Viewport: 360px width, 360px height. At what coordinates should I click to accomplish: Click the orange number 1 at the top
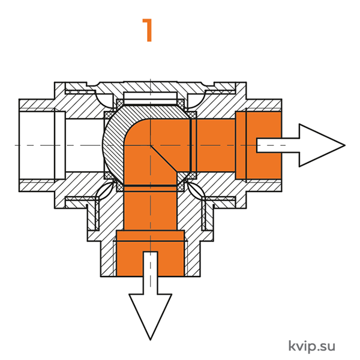148,30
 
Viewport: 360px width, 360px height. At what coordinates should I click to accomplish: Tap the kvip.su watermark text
311,346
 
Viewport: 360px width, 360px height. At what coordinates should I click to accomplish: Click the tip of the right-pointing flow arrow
345,145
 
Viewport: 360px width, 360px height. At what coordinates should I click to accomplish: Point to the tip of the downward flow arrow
151,340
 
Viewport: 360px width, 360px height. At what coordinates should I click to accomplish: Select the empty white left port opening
37,145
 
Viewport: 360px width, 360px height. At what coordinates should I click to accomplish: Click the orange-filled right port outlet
259,145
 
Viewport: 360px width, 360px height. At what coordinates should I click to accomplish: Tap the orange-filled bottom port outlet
151,253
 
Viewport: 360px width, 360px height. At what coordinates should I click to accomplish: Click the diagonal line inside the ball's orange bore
163,158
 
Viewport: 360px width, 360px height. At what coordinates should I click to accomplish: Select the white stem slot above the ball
151,98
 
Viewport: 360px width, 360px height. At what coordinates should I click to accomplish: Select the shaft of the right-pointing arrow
278,145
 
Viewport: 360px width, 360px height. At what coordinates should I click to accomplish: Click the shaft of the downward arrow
151,273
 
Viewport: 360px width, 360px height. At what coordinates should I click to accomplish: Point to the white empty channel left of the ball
84,145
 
